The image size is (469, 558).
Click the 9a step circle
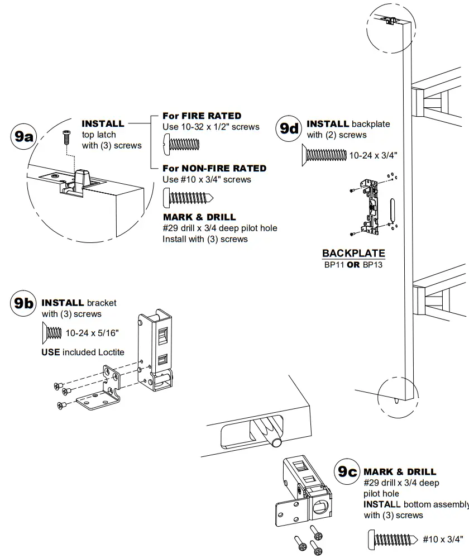[x=23, y=136]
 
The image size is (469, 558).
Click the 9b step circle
[x=23, y=304]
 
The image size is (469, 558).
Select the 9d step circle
[x=290, y=128]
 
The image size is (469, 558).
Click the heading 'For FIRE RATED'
[x=202, y=116]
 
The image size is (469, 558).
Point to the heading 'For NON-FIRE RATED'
[x=214, y=168]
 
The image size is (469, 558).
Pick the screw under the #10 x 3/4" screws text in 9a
[x=189, y=197]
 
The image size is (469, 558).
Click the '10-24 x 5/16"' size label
[x=92, y=333]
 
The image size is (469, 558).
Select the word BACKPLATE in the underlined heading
[x=353, y=254]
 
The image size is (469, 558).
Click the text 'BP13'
[x=374, y=265]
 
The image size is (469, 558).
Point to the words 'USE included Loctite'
[x=83, y=352]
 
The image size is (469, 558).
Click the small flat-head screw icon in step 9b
[x=52, y=333]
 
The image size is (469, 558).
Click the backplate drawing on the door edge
[x=370, y=207]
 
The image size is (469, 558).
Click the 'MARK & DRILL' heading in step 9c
[x=400, y=472]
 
